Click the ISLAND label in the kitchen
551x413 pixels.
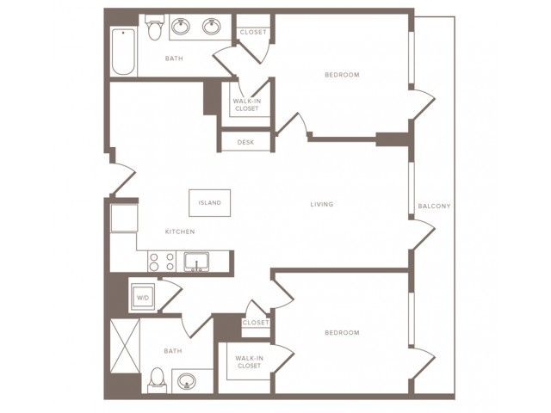[x=210, y=203]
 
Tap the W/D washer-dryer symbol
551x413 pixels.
[x=142, y=297]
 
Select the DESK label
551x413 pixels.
[x=245, y=142]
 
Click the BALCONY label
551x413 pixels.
[x=434, y=206]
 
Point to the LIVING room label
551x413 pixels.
[x=322, y=204]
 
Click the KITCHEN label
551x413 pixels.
[x=180, y=231]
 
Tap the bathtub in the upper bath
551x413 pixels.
[x=123, y=52]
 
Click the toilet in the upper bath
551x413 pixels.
[x=155, y=27]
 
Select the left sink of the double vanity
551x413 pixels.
[x=181, y=27]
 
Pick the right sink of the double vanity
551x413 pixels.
[x=212, y=27]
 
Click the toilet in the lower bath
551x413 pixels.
[x=157, y=380]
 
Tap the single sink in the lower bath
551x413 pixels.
[x=187, y=381]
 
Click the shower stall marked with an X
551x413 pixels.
[x=125, y=346]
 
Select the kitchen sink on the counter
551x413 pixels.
[x=196, y=262]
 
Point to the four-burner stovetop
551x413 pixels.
[x=162, y=262]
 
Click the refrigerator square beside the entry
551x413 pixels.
[x=124, y=218]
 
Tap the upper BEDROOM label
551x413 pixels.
[x=342, y=75]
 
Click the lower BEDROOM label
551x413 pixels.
[x=342, y=333]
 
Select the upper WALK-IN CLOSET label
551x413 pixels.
[x=247, y=105]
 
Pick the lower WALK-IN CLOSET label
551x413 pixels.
[x=249, y=362]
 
